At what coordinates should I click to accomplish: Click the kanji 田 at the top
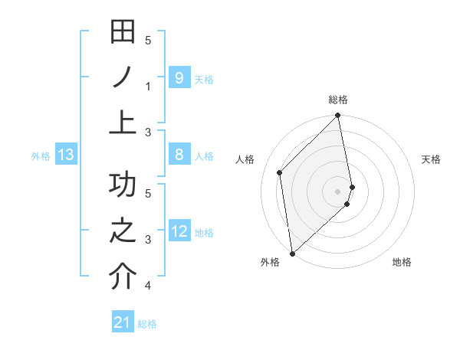pos(123,34)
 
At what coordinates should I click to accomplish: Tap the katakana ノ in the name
pos(123,77)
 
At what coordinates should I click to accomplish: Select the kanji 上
pos(123,121)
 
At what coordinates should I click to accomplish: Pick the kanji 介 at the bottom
pos(123,277)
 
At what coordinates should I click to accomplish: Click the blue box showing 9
pos(179,77)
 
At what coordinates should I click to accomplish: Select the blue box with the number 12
pos(179,231)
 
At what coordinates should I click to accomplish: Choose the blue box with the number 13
pos(65,155)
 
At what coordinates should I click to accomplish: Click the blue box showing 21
pos(122,322)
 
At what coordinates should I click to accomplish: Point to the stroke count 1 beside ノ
pos(148,86)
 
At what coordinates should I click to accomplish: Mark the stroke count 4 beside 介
pos(148,286)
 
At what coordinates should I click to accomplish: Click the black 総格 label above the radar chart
pos(338,100)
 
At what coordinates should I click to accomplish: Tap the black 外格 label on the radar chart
pos(270,262)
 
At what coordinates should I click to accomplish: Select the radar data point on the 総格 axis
pos(338,116)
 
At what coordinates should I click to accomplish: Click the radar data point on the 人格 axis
pos(280,172)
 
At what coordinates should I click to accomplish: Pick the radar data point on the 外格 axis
pos(292,253)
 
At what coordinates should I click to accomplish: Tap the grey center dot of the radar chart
pos(338,191)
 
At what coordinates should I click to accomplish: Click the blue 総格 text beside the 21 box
pos(147,324)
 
